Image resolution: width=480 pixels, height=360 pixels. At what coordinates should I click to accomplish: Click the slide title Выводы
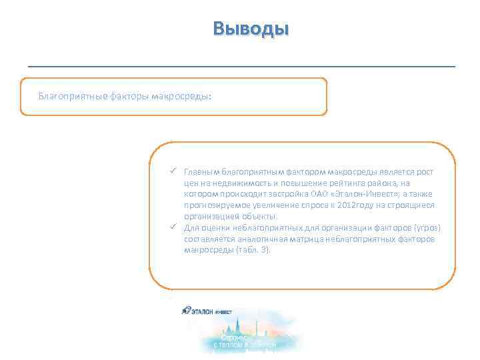tap(251, 29)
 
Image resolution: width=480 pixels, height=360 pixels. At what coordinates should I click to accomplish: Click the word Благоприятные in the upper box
tap(65, 96)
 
